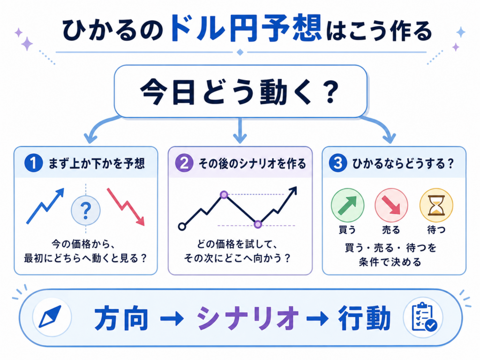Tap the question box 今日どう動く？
tap(240, 91)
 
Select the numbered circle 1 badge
tap(33, 163)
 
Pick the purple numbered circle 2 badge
tap(184, 163)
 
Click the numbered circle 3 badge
tap(337, 163)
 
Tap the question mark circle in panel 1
tap(86, 210)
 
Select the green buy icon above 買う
tap(347, 205)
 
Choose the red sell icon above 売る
tap(391, 205)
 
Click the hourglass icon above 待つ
tap(436, 205)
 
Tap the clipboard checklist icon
tap(424, 317)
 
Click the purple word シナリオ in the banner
tap(248, 318)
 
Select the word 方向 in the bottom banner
tap(121, 318)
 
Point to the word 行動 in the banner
tap(364, 318)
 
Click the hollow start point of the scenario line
tap(182, 227)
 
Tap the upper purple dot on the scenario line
tap(224, 195)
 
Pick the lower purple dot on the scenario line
tap(258, 225)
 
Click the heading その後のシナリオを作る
tap(253, 164)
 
